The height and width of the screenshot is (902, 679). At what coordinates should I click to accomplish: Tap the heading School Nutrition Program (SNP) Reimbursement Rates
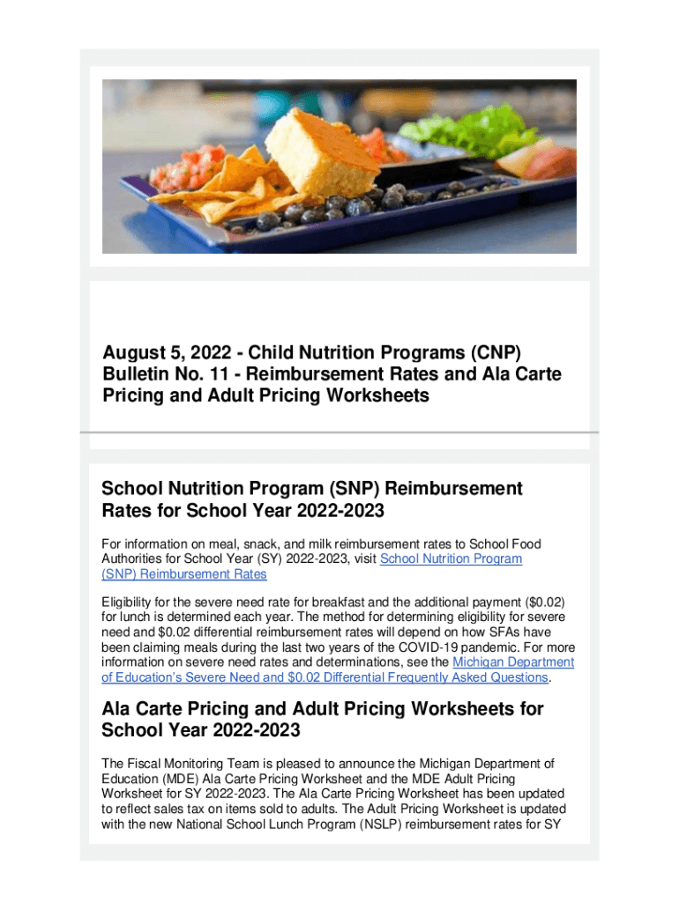click(x=312, y=499)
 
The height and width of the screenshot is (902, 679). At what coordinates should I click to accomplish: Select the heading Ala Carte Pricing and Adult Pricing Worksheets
click(x=323, y=719)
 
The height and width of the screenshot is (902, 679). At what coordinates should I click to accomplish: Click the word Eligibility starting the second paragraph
click(x=131, y=602)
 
